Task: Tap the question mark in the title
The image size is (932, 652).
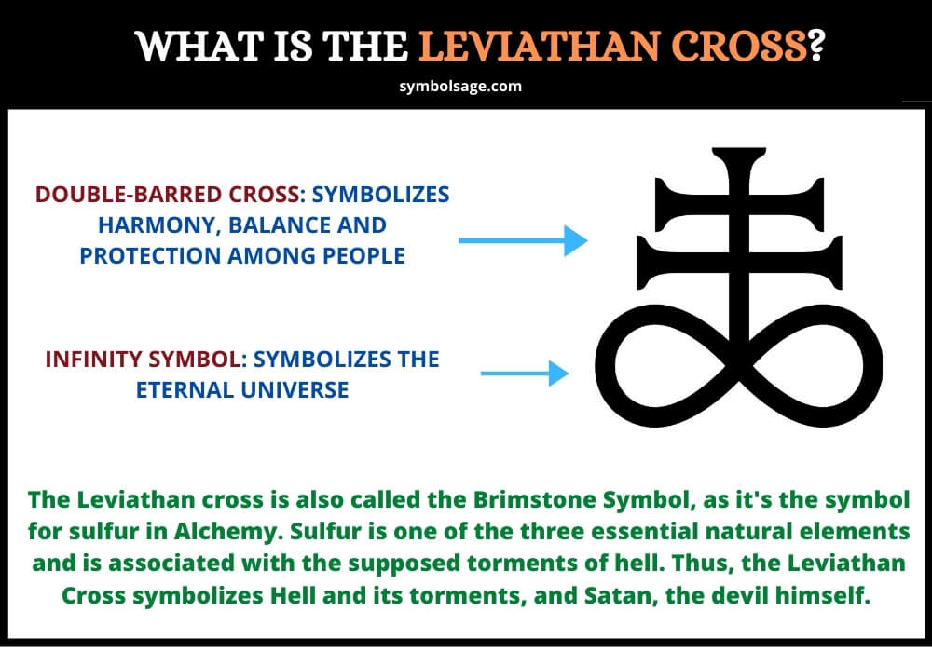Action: [816, 46]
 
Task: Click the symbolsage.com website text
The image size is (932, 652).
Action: [460, 86]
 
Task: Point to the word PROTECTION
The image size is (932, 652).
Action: [149, 256]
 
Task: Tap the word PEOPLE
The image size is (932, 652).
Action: [363, 256]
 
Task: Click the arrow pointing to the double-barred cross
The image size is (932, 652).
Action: [523, 240]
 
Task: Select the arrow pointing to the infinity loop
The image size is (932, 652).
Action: [524, 373]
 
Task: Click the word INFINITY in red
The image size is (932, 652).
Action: [94, 360]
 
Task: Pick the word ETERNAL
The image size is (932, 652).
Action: [185, 390]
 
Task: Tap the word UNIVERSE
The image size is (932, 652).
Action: [295, 390]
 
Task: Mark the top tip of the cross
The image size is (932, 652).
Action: [739, 148]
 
